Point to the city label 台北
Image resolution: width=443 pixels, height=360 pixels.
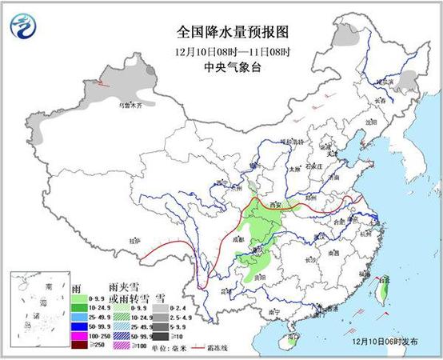coord(385,280)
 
